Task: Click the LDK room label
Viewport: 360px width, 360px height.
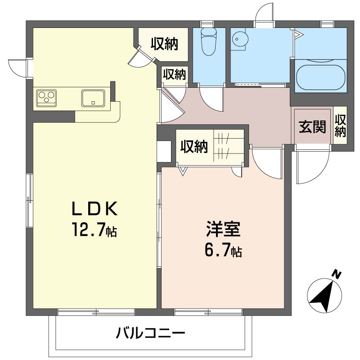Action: coord(95,209)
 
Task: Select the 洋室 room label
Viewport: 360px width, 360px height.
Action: coord(224,229)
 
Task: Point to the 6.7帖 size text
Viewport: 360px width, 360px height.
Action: coord(224,250)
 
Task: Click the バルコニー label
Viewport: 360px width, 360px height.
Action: coord(151,333)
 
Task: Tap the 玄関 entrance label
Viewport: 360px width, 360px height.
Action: coord(313,127)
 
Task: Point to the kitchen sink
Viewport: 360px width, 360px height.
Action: coord(93,98)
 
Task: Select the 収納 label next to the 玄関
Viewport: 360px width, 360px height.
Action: coord(340,126)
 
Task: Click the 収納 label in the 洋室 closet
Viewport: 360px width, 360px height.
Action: coord(194,147)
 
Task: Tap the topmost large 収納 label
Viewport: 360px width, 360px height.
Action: coord(164,44)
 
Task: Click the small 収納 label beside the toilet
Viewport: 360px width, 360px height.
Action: coord(175,74)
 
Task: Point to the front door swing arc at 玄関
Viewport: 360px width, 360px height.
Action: coord(313,166)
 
